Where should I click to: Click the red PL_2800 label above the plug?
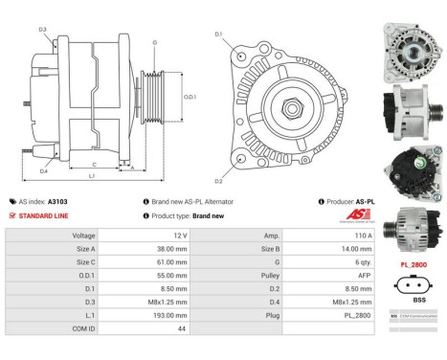pos(413,262)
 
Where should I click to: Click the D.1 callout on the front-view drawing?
pos(218,34)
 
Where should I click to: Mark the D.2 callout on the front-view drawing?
pos(218,180)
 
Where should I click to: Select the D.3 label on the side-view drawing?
pos(43,30)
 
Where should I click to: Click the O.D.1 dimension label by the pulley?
pos(190,97)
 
